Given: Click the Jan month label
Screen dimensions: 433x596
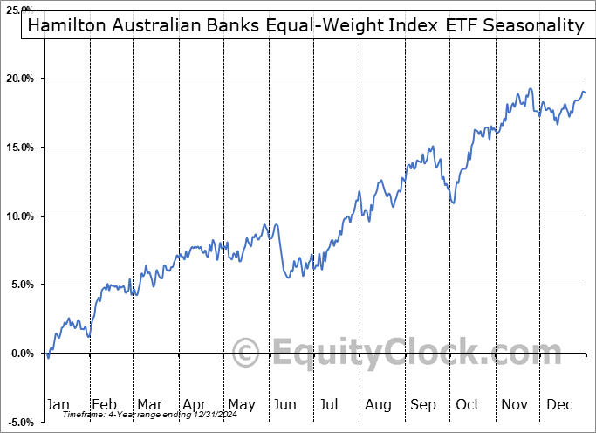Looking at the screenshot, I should click(58, 404).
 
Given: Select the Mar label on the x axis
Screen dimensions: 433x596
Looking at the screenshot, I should click(148, 404).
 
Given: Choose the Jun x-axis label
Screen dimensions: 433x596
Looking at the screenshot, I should click(285, 404).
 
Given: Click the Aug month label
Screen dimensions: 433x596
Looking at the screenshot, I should click(378, 404).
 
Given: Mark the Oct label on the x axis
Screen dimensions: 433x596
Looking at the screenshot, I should click(469, 404).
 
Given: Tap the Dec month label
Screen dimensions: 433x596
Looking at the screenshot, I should click(558, 404).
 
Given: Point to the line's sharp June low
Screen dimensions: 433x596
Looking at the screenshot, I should click(289, 278).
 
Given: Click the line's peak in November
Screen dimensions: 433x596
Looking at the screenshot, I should click(530, 89).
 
